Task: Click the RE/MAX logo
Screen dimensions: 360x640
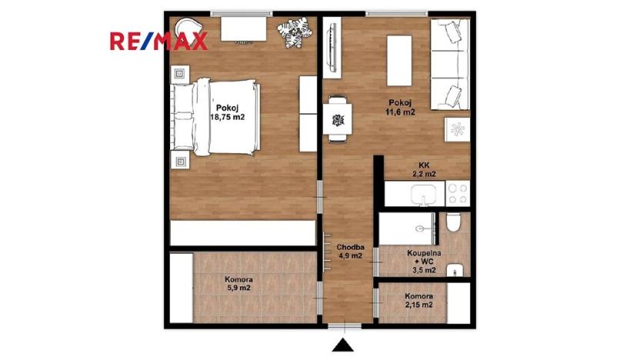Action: [x=158, y=40]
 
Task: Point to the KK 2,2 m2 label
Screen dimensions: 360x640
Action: [x=424, y=169]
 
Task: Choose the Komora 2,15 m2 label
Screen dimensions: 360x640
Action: [x=418, y=300]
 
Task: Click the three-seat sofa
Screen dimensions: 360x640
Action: [x=449, y=65]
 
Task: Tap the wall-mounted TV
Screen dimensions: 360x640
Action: [x=330, y=47]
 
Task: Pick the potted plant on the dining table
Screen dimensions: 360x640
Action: [x=337, y=119]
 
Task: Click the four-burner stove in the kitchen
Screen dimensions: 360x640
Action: [x=458, y=194]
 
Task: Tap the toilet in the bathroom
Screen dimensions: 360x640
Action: [x=454, y=225]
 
